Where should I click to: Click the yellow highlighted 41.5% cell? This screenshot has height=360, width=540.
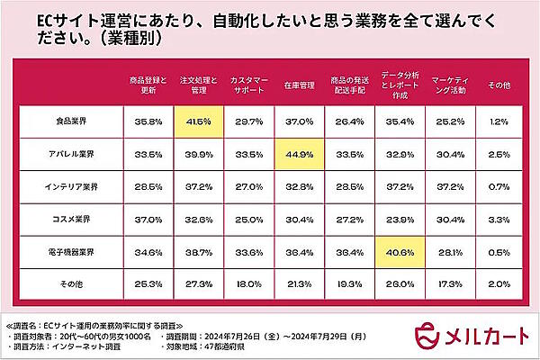tap(199, 120)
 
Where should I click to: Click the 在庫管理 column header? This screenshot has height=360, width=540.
tap(299, 85)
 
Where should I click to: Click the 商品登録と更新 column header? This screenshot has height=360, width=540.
tap(148, 85)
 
